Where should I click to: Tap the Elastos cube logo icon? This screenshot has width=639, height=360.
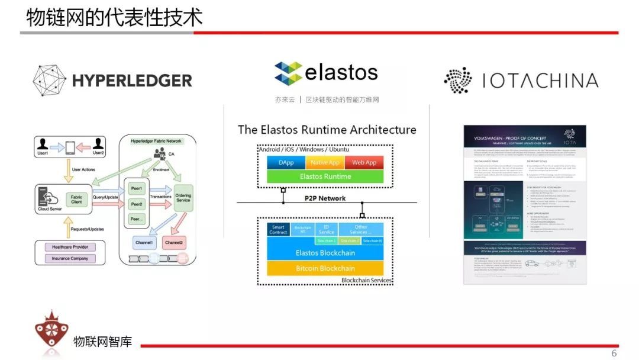[288, 73]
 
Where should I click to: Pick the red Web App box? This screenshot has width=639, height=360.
[364, 162]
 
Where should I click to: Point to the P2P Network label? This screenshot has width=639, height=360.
[325, 198]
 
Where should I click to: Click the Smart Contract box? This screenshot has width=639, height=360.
[278, 230]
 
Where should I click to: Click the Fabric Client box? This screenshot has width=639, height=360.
[76, 200]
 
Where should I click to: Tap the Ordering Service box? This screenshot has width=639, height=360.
[183, 197]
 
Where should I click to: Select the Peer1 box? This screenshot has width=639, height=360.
[137, 188]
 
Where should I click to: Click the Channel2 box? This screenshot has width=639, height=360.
[174, 243]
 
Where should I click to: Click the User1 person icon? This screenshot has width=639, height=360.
[43, 143]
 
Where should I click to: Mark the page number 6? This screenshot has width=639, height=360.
[614, 353]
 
